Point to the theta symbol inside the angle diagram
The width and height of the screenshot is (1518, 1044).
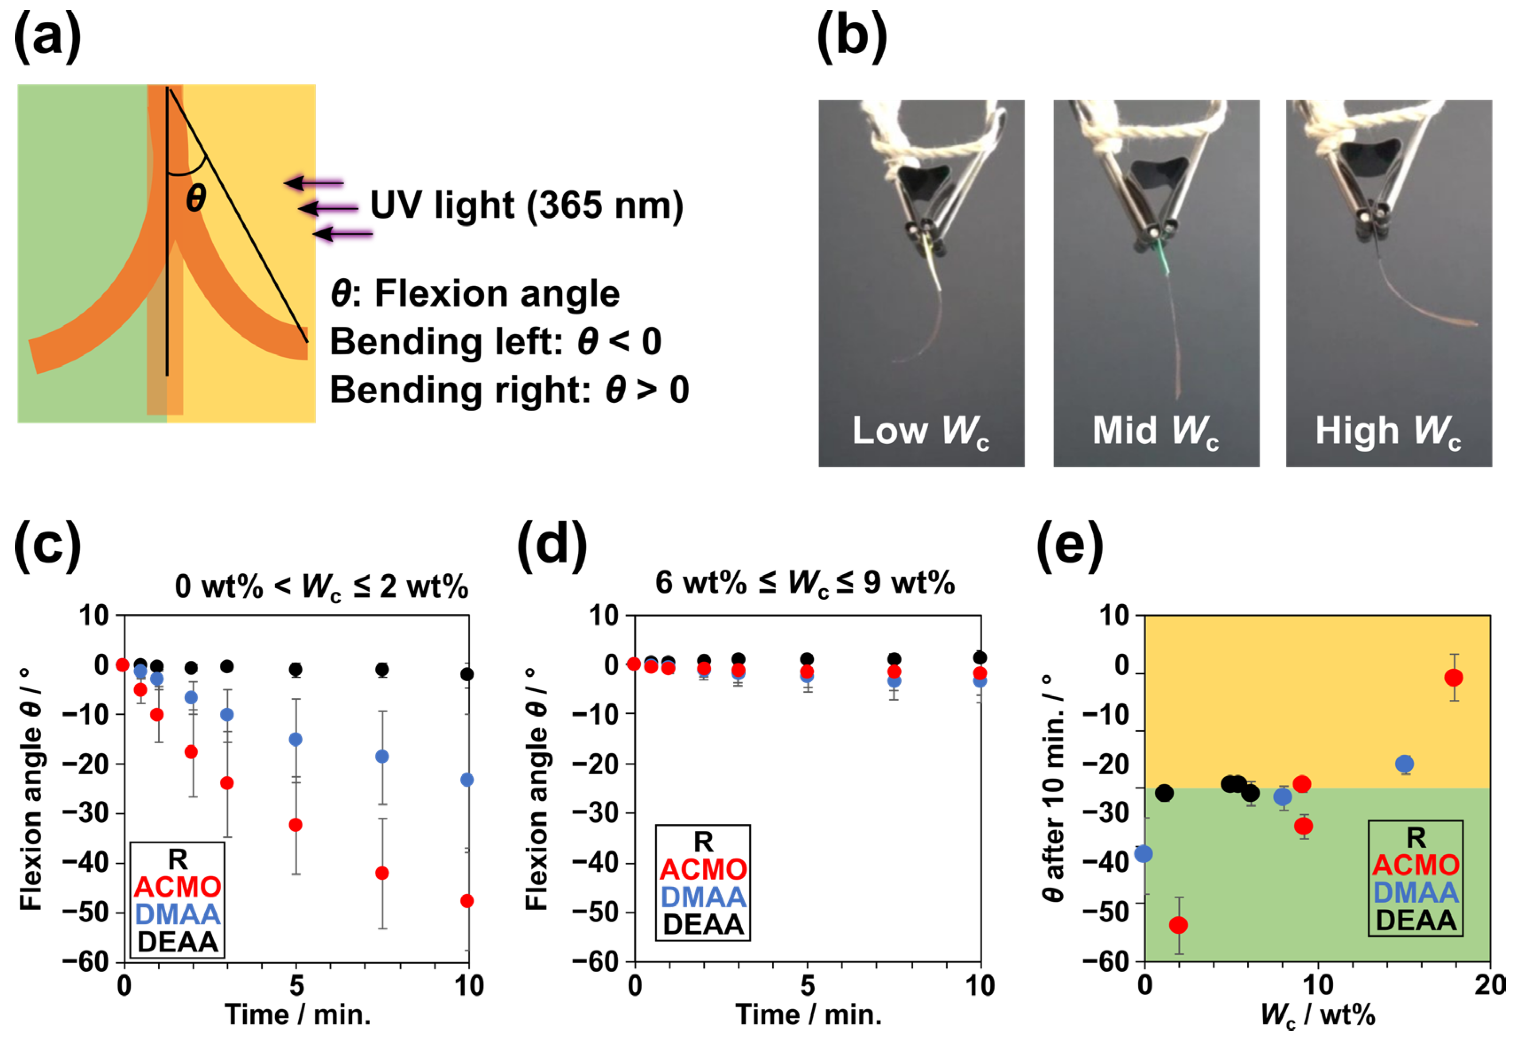click(x=196, y=198)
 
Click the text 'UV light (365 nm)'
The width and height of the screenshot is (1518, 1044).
click(x=527, y=206)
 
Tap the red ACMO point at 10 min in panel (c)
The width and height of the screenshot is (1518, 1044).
click(x=467, y=901)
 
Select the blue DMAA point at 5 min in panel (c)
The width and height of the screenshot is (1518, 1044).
click(x=296, y=739)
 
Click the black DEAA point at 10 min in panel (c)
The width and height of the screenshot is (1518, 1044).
click(x=467, y=674)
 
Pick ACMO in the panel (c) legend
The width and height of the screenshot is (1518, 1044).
click(x=177, y=887)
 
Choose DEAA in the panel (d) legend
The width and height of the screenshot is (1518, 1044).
click(x=703, y=924)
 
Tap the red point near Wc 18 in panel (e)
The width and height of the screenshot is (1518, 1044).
click(x=1453, y=678)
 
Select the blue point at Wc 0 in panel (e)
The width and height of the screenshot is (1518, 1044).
click(x=1144, y=854)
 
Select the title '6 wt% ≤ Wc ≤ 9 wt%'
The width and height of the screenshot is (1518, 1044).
click(x=805, y=582)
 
